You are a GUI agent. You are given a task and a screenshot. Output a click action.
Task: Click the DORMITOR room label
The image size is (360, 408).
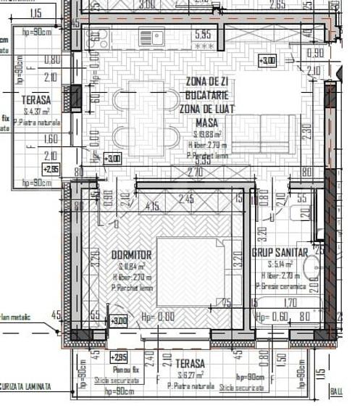131,255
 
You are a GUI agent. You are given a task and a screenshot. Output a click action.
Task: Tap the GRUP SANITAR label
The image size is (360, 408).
280,252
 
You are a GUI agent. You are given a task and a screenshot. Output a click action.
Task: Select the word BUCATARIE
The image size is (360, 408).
206,96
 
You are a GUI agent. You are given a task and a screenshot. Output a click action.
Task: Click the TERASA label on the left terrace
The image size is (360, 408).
36,100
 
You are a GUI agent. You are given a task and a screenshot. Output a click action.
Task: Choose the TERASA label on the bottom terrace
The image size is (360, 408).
189,362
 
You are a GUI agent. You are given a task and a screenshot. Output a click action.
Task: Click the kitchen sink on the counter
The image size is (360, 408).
152,36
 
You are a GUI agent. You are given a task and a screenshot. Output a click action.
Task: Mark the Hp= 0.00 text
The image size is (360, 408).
157,317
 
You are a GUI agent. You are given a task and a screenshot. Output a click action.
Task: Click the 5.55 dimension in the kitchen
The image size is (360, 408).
201,34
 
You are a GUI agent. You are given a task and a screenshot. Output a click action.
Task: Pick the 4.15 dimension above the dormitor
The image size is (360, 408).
152,207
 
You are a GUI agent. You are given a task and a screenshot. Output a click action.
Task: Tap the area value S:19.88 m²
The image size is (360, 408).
207,135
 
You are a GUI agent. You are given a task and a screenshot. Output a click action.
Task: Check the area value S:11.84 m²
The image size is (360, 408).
131,267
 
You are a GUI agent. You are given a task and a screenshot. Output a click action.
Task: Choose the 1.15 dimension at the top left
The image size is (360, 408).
36,13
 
